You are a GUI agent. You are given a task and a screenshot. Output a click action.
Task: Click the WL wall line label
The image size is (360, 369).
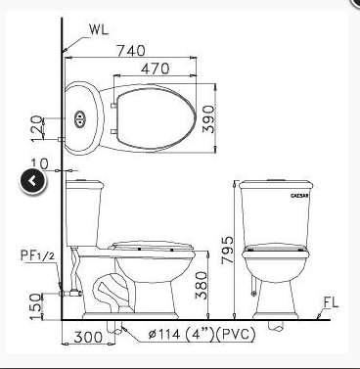pyautogui.click(x=99, y=29)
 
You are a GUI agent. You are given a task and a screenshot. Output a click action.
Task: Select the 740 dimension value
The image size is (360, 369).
pyautogui.click(x=131, y=51)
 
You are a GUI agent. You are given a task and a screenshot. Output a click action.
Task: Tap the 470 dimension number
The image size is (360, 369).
pyautogui.click(x=156, y=69)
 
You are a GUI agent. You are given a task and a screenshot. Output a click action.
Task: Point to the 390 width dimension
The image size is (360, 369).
pyautogui.click(x=208, y=119)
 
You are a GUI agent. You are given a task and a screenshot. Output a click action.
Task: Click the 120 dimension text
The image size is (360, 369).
pyautogui.click(x=37, y=128)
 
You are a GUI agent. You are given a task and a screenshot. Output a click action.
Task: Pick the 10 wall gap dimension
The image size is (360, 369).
pyautogui.click(x=40, y=163)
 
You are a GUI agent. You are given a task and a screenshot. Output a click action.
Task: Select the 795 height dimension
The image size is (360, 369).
pyautogui.click(x=227, y=250)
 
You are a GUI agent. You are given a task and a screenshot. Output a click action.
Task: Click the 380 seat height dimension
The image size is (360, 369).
pyautogui.click(x=201, y=286)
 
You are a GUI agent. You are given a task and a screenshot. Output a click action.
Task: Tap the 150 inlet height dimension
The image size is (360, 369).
pyautogui.click(x=36, y=306)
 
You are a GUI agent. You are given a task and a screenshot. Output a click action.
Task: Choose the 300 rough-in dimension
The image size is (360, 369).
pyautogui.click(x=88, y=337)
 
